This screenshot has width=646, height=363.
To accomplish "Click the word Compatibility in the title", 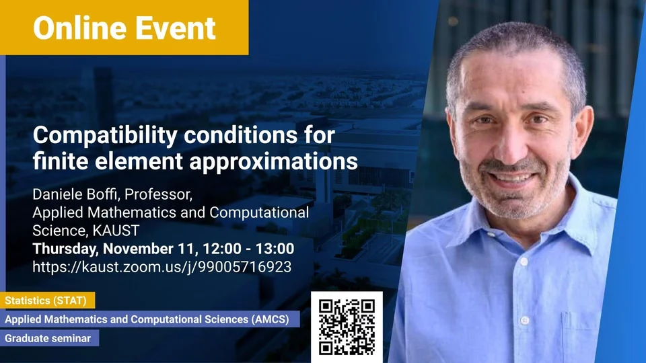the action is pos(105,136).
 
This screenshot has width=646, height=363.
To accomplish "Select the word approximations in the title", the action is pos(274,161).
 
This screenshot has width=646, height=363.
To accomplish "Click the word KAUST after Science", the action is pos(116,231).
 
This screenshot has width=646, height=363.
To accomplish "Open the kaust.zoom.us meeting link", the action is pos(162,267).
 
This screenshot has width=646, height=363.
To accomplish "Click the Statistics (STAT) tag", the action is pos(47,300).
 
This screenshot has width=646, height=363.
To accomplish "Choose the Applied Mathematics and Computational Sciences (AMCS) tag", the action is pos(149,319).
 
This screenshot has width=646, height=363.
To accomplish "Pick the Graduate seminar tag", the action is pos(49,338).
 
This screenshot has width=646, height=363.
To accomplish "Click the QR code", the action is pos(347,327).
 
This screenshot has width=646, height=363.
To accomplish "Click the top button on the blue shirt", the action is pos(524,261).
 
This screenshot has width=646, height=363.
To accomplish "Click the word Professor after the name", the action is pos(158,194).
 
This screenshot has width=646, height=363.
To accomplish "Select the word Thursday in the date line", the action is pos(65,249).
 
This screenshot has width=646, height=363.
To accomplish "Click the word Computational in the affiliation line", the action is pos(259,212).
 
